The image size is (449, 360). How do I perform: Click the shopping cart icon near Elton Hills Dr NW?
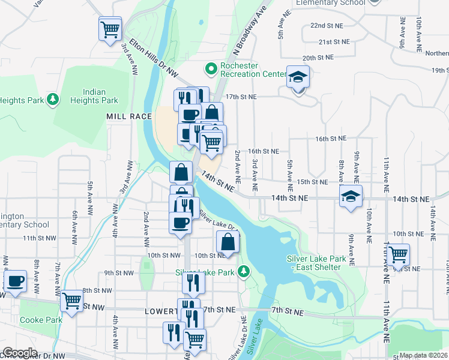point(110,28)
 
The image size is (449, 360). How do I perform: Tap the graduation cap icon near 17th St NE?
point(297,77)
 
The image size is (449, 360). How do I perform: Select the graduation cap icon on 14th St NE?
point(351,196)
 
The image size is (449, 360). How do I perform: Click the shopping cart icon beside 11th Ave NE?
point(398,254)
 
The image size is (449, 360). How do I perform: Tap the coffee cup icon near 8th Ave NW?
point(16,281)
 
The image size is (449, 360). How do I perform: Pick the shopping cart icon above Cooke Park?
point(71,300)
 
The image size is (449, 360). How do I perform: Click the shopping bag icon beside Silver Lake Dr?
point(228,242)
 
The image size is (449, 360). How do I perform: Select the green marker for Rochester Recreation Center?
point(211,70)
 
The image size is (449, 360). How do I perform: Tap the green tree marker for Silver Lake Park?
point(243,272)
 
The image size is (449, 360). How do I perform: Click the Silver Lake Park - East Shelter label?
point(316,263)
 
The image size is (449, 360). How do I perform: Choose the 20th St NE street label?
point(318,58)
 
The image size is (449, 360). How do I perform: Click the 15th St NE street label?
point(312,182)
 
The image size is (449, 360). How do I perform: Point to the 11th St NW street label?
point(39,238)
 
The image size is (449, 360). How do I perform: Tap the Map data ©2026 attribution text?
point(423,355)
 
